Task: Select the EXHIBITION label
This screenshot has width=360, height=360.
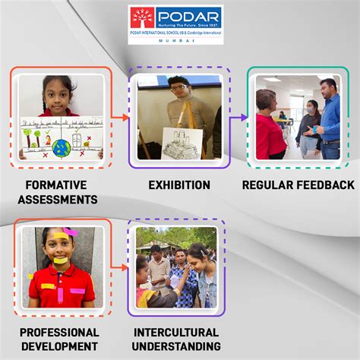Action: [x=178, y=185]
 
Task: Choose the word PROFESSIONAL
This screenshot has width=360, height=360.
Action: [x=59, y=333]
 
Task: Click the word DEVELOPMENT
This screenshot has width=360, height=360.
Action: [x=59, y=347]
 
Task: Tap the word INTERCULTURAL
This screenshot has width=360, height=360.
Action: [x=176, y=333]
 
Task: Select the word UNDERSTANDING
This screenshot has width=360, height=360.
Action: [x=176, y=347]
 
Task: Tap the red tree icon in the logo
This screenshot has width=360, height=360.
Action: [x=141, y=17]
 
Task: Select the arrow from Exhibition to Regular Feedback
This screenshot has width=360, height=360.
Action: [x=239, y=116]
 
